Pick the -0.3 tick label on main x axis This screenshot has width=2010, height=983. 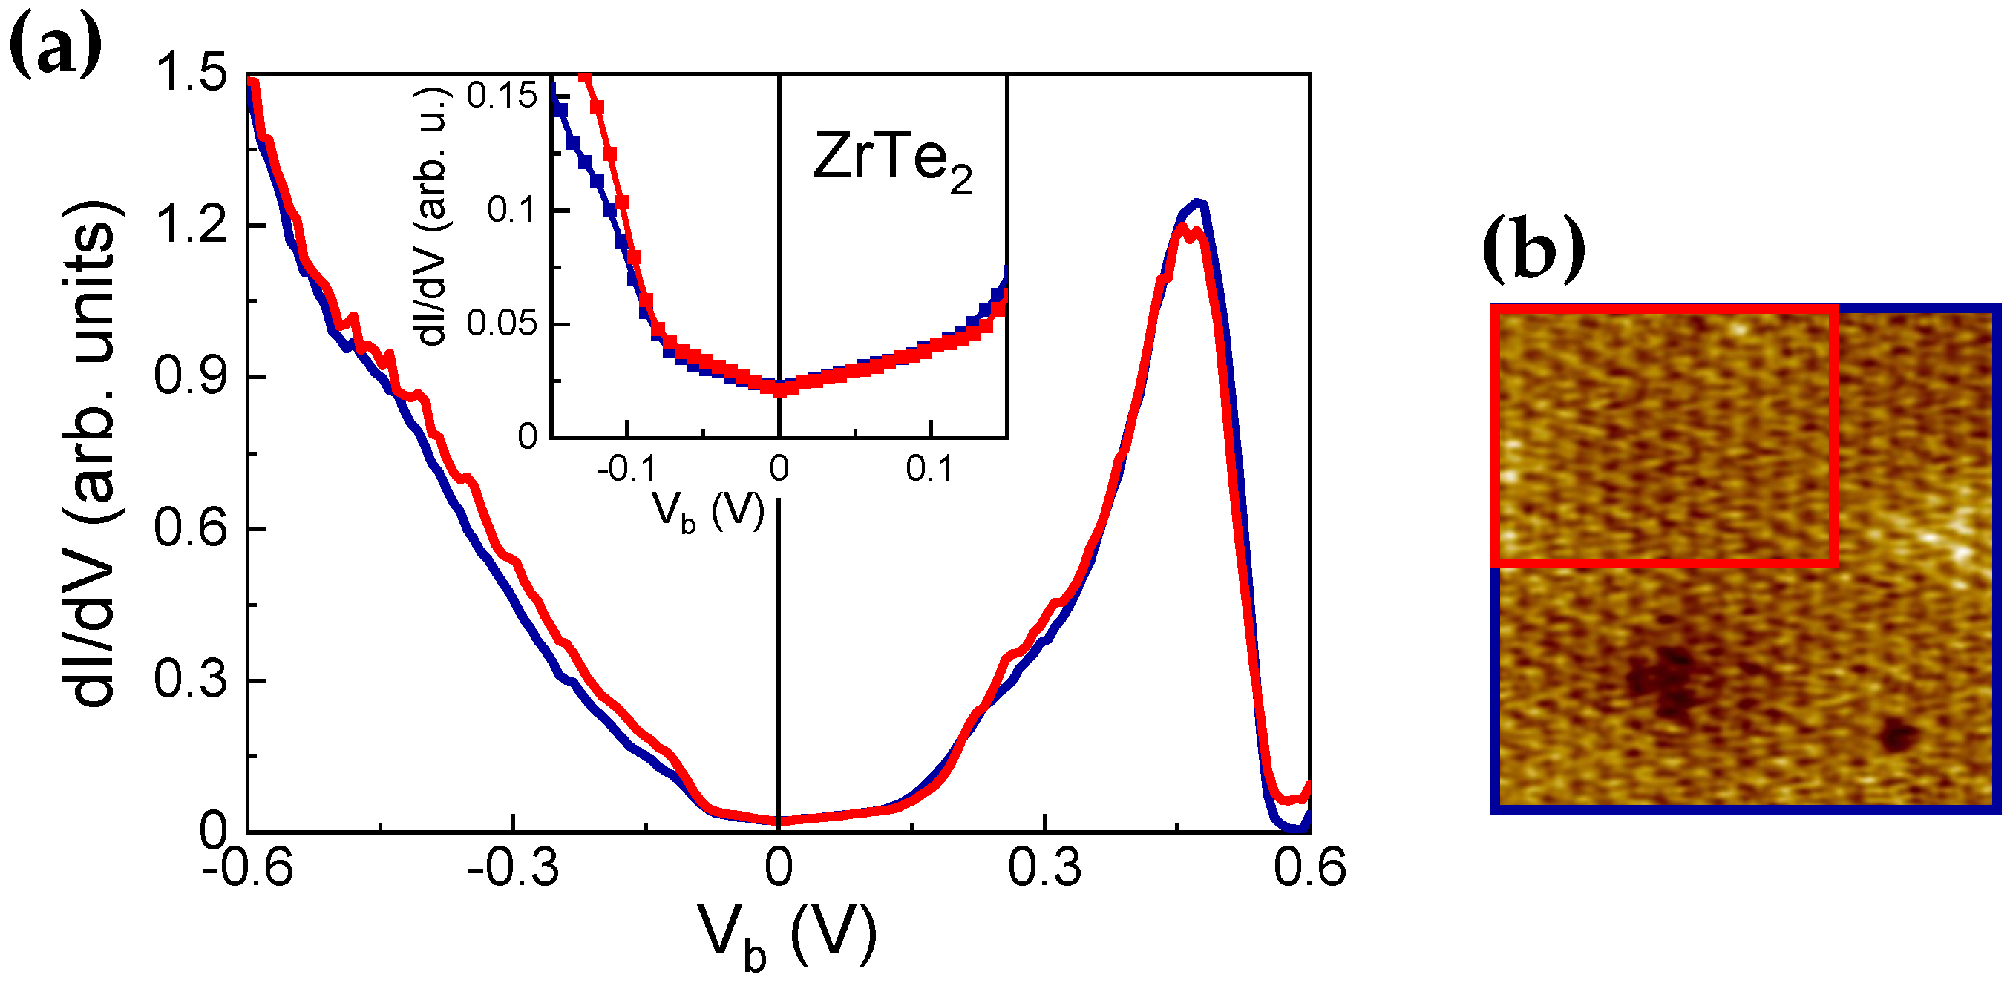513,867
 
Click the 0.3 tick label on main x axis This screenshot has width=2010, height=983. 1044,867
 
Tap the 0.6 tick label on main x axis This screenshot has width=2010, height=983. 1309,867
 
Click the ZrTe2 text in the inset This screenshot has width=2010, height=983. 892,160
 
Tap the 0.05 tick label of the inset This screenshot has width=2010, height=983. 501,323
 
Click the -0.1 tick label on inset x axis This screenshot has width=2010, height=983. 626,469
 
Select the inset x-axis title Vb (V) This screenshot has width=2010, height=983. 707,513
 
